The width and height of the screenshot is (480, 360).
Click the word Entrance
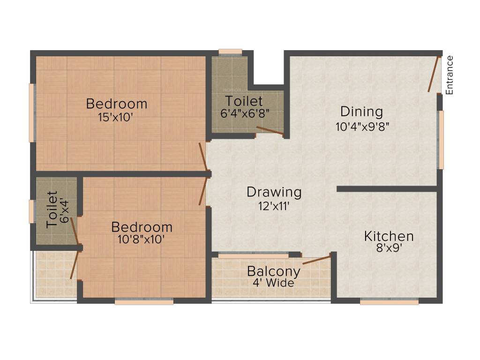point(450,75)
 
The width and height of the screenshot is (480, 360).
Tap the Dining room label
point(361,112)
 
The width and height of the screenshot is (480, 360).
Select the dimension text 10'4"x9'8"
point(362,126)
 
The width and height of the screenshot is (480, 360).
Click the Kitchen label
point(389,236)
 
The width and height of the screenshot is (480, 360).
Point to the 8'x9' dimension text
point(389,248)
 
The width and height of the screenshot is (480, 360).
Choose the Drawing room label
point(274,192)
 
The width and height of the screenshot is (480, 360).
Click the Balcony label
point(273,271)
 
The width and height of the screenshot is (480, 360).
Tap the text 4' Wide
point(273,283)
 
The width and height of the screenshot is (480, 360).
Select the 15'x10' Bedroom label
point(116,104)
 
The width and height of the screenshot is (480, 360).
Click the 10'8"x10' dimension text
point(141,239)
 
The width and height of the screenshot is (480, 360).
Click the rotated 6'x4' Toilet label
point(52,210)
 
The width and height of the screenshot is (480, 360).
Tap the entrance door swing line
point(433,74)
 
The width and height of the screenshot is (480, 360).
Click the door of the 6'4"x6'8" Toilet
point(270,131)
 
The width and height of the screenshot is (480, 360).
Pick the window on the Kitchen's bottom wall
point(389,302)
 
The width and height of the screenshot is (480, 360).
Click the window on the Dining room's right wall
point(441,140)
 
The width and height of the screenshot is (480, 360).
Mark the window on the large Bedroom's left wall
point(31,112)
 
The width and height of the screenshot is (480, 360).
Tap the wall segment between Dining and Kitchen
point(387,189)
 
